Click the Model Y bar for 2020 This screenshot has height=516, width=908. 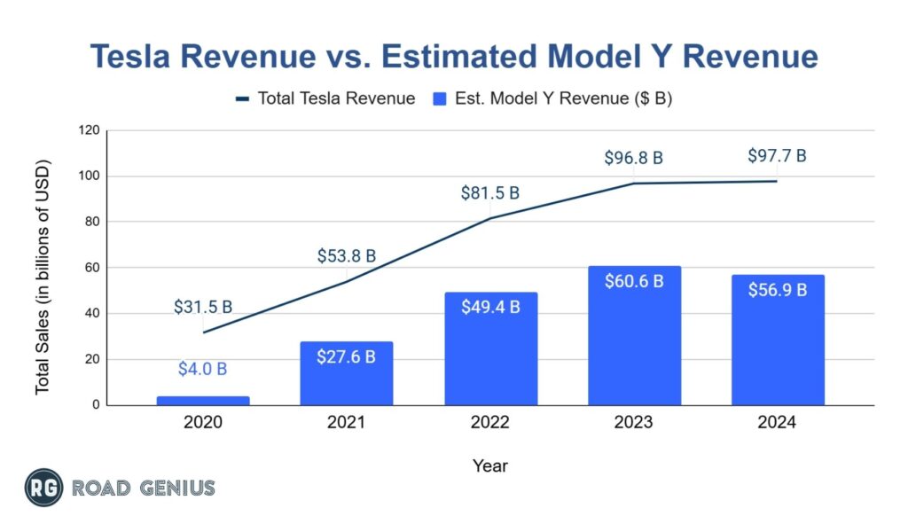[x=202, y=401]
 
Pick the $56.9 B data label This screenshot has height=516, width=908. [x=778, y=290]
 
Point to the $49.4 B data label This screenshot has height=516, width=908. [x=490, y=307]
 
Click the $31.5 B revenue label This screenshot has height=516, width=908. [x=203, y=307]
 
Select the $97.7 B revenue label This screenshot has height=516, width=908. [x=778, y=156]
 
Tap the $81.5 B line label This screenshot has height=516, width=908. [x=490, y=192]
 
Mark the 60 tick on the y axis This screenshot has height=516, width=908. [x=90, y=268]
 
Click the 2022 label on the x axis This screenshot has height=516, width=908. [x=490, y=423]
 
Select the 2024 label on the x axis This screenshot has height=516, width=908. [x=778, y=423]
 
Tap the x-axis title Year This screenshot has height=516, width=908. [x=490, y=465]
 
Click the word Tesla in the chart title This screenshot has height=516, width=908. [x=145, y=57]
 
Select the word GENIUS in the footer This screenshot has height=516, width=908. [x=176, y=488]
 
